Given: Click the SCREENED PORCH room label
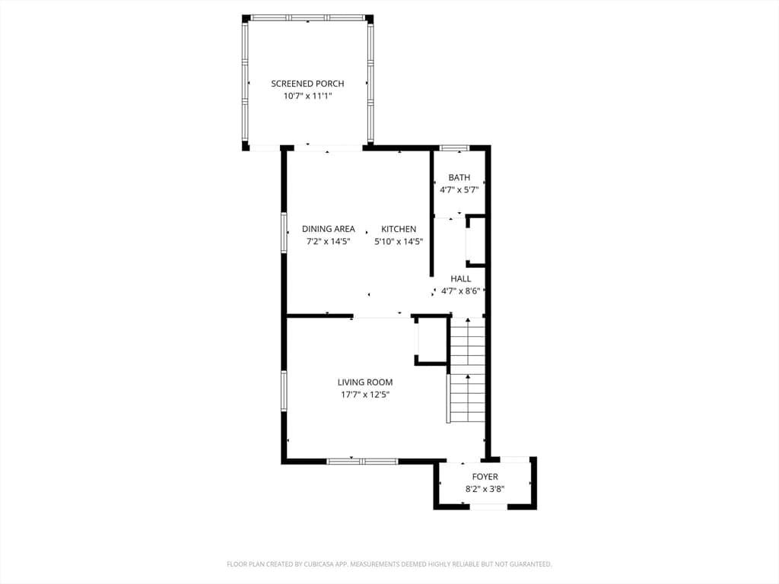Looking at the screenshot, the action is pos(307,84).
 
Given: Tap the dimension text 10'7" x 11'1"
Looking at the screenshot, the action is pos(307,96).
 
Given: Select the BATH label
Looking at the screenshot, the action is pos(459,177).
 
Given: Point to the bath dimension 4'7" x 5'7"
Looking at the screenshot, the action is pos(459,189).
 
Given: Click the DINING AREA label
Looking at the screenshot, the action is pos(329,229).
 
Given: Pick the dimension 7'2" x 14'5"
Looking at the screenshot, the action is pos(329,242).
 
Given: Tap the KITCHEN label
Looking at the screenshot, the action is pos(399,229).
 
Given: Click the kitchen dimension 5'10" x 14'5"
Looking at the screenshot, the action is pos(399,242).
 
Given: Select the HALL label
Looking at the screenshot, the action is pos(460,278).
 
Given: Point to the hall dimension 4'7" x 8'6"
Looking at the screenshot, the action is pos(460,291).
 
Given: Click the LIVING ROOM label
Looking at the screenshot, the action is pos(365,382).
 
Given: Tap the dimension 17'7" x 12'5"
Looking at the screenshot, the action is pos(365,395).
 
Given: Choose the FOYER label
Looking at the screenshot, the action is pos(485,477).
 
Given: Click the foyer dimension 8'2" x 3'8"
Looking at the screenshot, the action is pos(485,489).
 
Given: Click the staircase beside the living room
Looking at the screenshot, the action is pos(467,370).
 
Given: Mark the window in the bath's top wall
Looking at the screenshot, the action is pos(455,148).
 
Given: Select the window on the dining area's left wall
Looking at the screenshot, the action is pos(285,233).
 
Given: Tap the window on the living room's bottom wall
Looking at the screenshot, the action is pos(362,462).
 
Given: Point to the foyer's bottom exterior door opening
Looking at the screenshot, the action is pos(489,506).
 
